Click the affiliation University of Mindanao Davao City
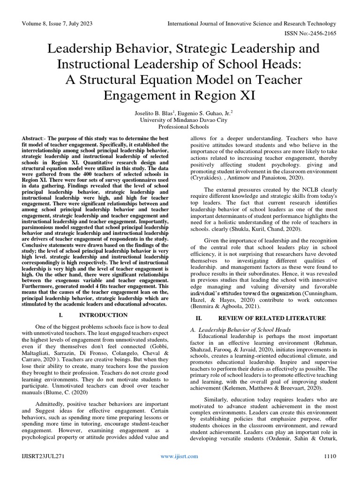click(x=180, y=120)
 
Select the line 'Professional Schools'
click(x=180, y=127)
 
